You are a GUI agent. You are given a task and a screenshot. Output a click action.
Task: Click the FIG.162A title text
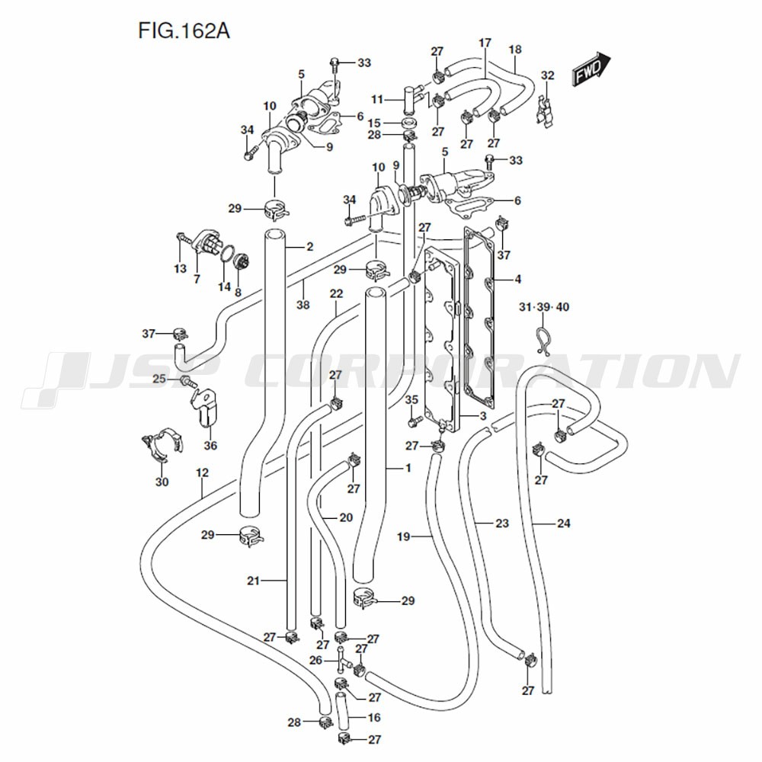(184, 30)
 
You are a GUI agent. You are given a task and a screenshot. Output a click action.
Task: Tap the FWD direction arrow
(591, 69)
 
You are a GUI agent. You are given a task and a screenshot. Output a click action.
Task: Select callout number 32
(548, 75)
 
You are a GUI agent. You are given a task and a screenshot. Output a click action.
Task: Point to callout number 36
(210, 445)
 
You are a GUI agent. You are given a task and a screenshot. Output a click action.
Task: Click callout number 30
(162, 482)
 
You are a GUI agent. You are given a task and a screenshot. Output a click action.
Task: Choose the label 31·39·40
(544, 307)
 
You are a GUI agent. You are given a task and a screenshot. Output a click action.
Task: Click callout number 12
(202, 472)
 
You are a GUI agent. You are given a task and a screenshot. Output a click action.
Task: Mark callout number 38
(303, 305)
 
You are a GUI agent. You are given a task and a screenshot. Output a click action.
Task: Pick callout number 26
(316, 661)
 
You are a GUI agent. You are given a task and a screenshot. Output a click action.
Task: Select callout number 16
(374, 717)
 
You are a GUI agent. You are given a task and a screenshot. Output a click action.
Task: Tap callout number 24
(563, 523)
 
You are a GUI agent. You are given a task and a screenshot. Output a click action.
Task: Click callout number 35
(411, 400)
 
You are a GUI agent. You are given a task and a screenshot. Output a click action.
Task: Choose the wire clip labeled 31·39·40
(543, 340)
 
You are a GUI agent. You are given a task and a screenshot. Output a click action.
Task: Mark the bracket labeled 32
(546, 110)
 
